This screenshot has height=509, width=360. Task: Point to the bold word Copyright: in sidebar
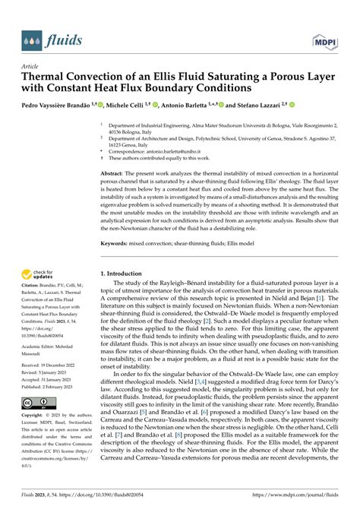pos(36,417)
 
